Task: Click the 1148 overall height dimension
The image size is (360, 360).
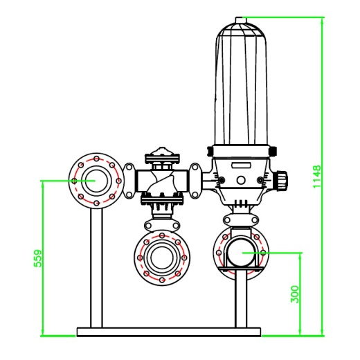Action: coord(316,177)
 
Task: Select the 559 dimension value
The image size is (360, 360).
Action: coord(38,258)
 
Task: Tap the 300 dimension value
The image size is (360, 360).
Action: coord(294,294)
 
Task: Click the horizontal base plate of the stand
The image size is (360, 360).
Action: coord(169,332)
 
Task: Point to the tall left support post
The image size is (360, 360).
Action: coord(96,268)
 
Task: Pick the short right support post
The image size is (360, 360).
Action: coord(241,299)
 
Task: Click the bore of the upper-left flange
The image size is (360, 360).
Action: coord(96,181)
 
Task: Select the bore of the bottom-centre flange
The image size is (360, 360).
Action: coord(162,258)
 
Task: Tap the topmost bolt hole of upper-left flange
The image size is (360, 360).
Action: coord(96,159)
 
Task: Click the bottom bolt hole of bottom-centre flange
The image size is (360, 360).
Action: coord(162,280)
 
